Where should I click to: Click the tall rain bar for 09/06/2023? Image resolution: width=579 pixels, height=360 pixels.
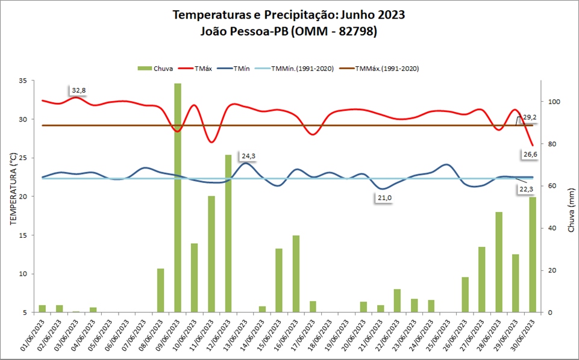point(178,199)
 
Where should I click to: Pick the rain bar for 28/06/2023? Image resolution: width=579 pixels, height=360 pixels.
point(499,262)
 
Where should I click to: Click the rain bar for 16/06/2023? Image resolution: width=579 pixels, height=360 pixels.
point(296,274)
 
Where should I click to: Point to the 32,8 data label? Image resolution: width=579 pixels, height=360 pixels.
point(79,91)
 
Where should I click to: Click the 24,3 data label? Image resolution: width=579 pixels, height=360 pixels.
point(248,156)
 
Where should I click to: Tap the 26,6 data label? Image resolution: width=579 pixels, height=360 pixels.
point(530,155)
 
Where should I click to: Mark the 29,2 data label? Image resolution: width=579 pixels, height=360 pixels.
point(530,117)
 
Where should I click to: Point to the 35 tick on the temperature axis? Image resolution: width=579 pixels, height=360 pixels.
point(23,81)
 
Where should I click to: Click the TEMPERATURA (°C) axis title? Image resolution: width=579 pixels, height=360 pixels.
point(13,188)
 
